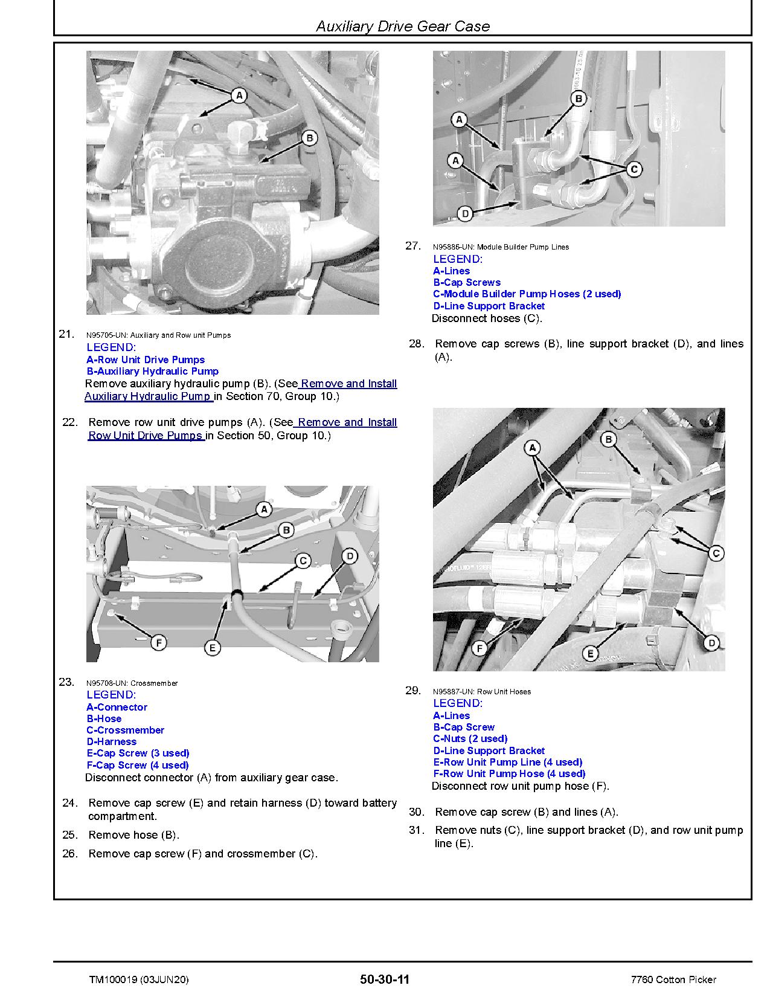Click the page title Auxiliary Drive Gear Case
coord(403,26)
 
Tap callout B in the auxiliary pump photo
coord(309,138)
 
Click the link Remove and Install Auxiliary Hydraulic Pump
coord(242,390)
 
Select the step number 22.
coord(70,422)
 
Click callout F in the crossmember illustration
coord(159,643)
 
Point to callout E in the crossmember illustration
coord(213,648)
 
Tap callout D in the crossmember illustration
coord(350,557)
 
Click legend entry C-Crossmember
coord(126,730)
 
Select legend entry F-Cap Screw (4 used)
coord(138,765)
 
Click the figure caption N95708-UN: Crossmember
coord(132,683)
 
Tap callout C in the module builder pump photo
coord(634,170)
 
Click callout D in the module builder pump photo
coord(465,213)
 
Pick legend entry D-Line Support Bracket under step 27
coord(489,306)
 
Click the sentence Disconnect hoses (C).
coord(487,318)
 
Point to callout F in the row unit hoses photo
coord(480,649)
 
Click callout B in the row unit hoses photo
coord(609,439)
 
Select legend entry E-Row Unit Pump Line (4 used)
coord(508,762)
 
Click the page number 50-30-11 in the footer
coord(384,979)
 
